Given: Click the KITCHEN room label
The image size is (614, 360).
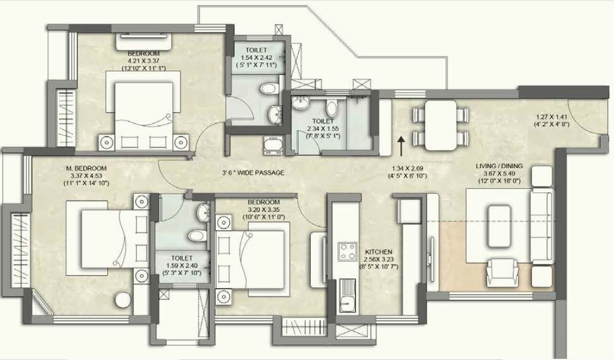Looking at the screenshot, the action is [378, 251].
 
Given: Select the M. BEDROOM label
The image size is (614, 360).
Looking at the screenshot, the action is [86, 169].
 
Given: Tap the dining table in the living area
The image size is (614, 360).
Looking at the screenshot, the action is [440, 125].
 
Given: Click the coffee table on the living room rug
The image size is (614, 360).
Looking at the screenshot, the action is [499, 226].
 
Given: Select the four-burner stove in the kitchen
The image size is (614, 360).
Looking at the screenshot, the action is [347, 251].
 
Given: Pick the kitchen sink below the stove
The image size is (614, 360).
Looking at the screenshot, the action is [347, 295].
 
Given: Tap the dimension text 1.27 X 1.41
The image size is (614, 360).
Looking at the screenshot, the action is [551, 117].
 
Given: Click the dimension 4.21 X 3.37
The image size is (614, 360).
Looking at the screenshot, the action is [143, 61].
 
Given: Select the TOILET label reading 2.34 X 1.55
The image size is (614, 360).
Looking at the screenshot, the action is [323, 122].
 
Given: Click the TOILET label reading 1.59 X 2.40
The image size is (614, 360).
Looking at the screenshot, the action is [182, 258].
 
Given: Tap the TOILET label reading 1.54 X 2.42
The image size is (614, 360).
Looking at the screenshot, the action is [256, 50].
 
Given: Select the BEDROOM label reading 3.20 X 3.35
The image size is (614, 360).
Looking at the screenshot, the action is [264, 202].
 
